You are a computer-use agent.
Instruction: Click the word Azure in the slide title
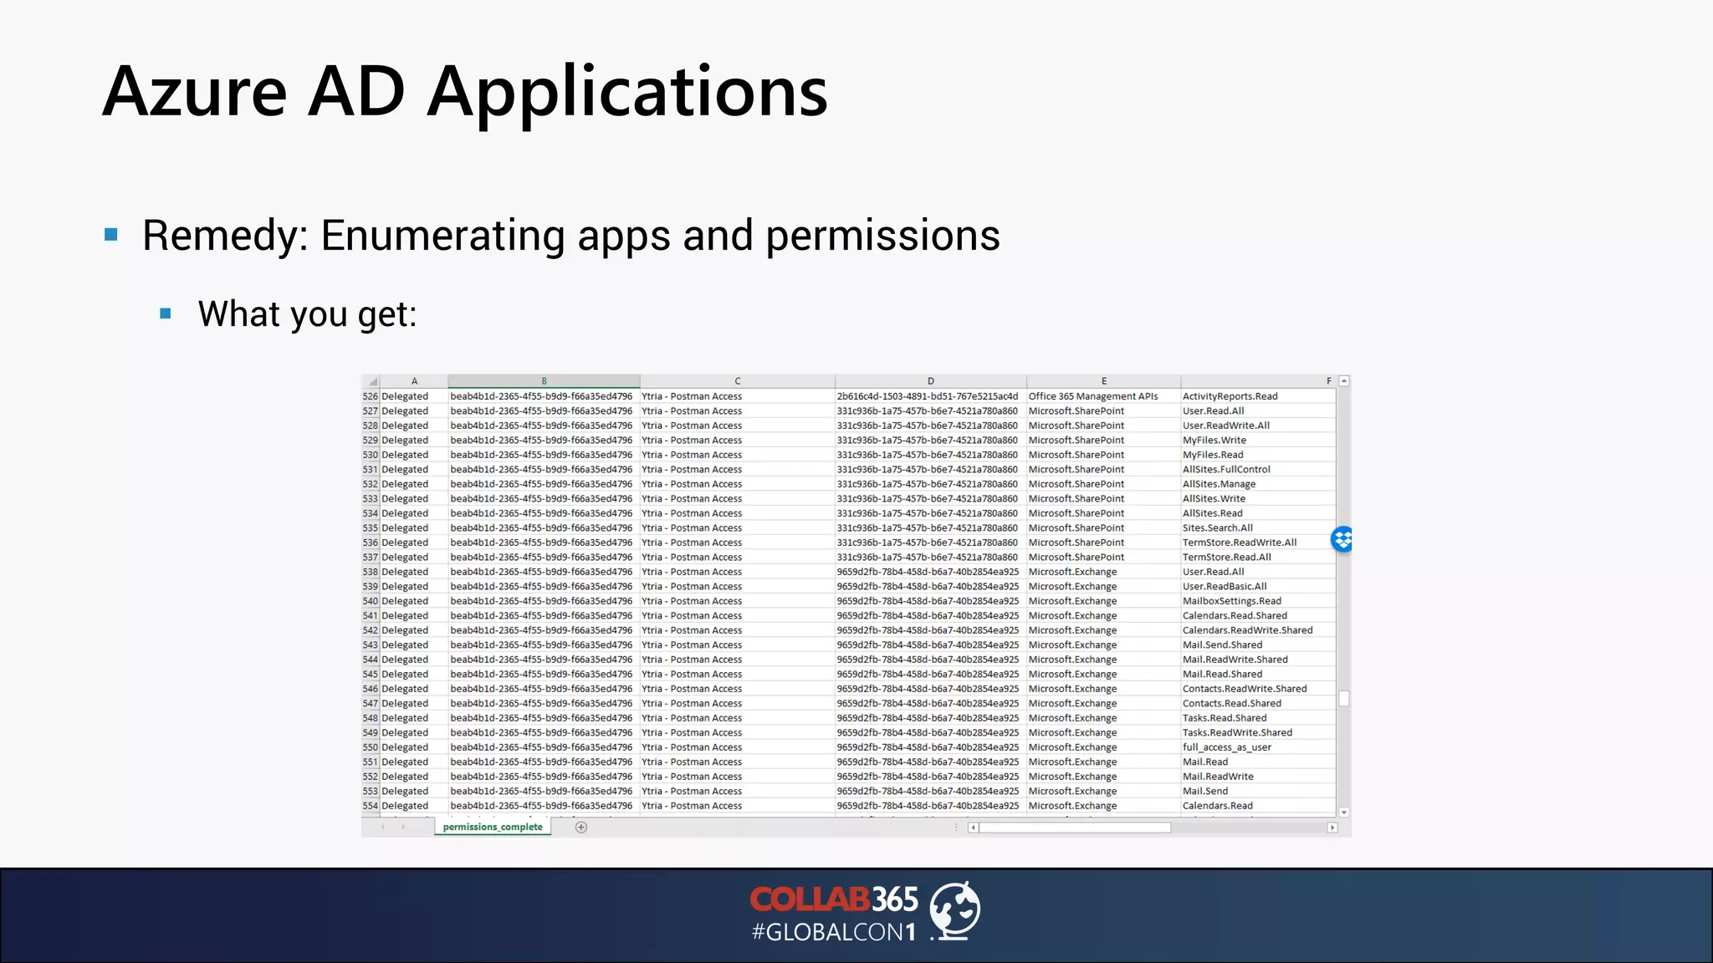tap(195, 91)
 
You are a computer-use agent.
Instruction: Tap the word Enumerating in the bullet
tap(442, 236)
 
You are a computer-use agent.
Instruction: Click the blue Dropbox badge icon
tap(1342, 539)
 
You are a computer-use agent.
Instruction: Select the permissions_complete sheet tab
tap(493, 827)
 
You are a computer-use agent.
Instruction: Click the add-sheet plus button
tap(581, 828)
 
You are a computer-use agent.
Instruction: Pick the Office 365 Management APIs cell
tap(1093, 396)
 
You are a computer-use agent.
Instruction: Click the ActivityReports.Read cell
tap(1230, 396)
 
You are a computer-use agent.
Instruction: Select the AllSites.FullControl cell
tap(1226, 470)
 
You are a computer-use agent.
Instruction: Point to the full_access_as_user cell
tap(1226, 747)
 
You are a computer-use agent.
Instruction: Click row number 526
tap(371, 396)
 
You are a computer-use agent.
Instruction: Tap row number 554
tap(371, 806)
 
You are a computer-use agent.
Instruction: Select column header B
tap(544, 381)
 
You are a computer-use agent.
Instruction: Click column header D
tap(930, 381)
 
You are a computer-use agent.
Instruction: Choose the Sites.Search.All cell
tap(1217, 528)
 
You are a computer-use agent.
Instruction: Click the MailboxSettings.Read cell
tap(1231, 601)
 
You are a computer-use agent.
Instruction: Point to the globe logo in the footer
tap(955, 910)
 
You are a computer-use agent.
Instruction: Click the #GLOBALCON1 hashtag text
tap(833, 932)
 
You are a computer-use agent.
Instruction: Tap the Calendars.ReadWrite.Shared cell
tap(1247, 630)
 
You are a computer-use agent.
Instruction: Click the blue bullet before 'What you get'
tap(166, 313)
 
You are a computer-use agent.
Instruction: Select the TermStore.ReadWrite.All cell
tap(1240, 543)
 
